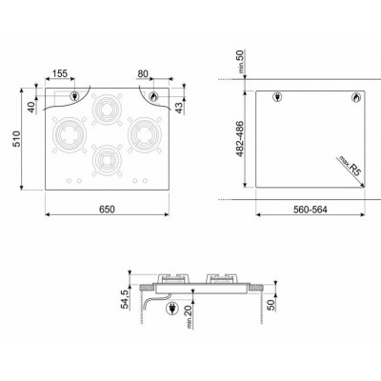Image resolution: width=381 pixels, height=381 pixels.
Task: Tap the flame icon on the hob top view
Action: coord(155,96)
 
